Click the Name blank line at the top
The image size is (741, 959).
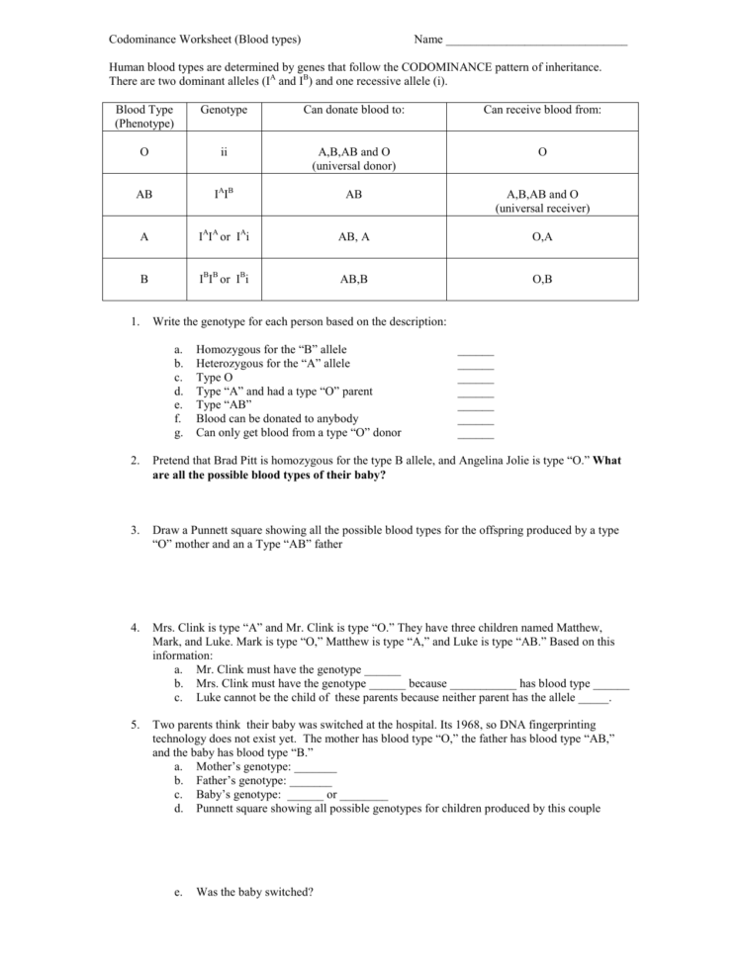(536, 41)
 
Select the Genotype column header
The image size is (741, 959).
(224, 110)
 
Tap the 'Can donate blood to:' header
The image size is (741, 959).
(353, 110)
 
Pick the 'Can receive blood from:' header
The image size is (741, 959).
(541, 110)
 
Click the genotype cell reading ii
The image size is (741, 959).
(224, 153)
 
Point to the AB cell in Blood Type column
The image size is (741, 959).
(144, 196)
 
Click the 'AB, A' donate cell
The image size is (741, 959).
(353, 237)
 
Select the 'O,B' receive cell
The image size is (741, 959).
(542, 280)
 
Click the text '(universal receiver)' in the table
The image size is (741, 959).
(542, 209)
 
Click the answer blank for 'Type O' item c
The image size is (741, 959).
(475, 378)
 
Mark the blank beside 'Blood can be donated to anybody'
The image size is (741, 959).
(475, 419)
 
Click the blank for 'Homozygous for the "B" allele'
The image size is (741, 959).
(475, 350)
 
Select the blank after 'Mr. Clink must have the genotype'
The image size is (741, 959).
(382, 669)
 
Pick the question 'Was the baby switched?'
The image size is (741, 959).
(254, 891)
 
